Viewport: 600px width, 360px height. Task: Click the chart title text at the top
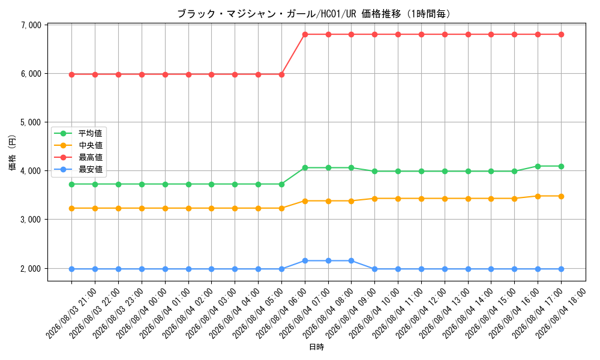[314, 14]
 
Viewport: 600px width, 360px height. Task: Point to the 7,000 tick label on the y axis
[31, 25]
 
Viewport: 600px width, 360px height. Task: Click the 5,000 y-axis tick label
[31, 122]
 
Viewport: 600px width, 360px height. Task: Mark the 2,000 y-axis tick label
[31, 269]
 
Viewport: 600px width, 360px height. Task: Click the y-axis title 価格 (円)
[12, 152]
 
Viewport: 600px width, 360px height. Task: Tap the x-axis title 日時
[316, 347]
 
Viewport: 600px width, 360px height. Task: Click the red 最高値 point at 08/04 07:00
[305, 34]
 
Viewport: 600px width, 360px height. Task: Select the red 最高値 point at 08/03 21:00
[71, 74]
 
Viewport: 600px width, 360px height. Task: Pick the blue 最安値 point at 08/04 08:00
[328, 261]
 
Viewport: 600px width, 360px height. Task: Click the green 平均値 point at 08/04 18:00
[562, 166]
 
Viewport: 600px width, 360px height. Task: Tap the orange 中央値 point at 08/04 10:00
[374, 199]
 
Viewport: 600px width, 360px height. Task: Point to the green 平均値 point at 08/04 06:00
[281, 184]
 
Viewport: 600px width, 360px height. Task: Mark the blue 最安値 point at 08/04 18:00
[562, 269]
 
